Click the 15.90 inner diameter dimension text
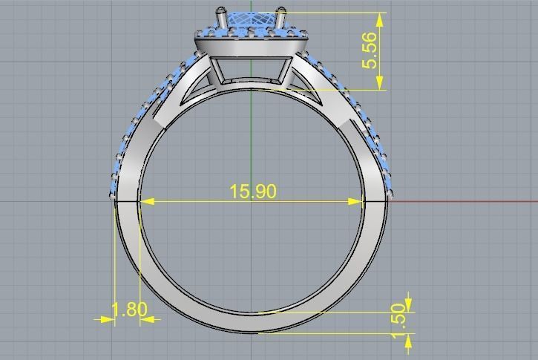coord(252,192)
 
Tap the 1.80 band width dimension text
coord(128,310)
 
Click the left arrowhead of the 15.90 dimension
coord(145,200)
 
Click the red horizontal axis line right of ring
coord(460,201)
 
